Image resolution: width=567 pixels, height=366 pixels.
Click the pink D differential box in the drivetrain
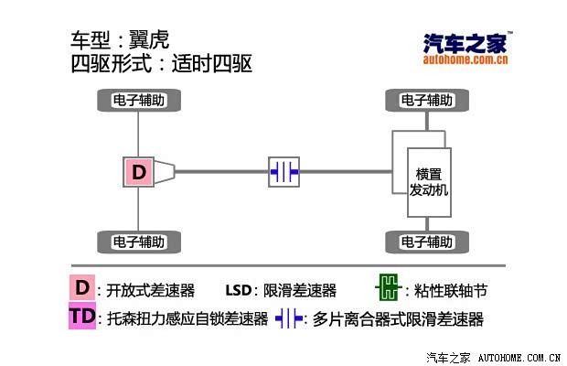pyautogui.click(x=138, y=172)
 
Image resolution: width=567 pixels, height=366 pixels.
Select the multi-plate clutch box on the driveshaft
pyautogui.click(x=283, y=172)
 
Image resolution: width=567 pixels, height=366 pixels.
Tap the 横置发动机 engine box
pyautogui.click(x=429, y=182)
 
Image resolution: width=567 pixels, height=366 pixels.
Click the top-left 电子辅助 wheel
pyautogui.click(x=139, y=100)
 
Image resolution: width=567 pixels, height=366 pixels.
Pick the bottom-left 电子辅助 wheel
pyautogui.click(x=139, y=242)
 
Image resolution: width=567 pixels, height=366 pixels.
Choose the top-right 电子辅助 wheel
pyautogui.click(x=427, y=100)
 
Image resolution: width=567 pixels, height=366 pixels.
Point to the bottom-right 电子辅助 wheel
pyautogui.click(x=427, y=242)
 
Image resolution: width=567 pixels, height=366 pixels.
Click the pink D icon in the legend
pyautogui.click(x=82, y=287)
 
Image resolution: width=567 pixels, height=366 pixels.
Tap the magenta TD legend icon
pyautogui.click(x=82, y=316)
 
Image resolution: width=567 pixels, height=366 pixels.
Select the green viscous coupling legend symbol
pyautogui.click(x=389, y=287)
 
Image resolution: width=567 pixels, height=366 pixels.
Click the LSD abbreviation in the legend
pyautogui.click(x=239, y=290)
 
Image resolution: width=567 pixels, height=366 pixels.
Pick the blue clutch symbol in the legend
pyautogui.click(x=289, y=318)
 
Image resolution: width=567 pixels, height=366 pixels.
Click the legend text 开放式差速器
pyautogui.click(x=150, y=290)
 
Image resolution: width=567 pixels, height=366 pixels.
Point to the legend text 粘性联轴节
pyautogui.click(x=451, y=290)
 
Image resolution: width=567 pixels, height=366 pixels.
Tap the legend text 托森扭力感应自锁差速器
pyautogui.click(x=187, y=318)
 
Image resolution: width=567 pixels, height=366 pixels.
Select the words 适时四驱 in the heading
pyautogui.click(x=212, y=64)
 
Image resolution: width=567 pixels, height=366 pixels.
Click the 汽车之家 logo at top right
pyautogui.click(x=466, y=48)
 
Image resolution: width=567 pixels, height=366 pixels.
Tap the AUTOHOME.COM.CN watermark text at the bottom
pyautogui.click(x=519, y=358)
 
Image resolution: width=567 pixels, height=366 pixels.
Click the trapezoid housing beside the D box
pyautogui.click(x=165, y=172)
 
